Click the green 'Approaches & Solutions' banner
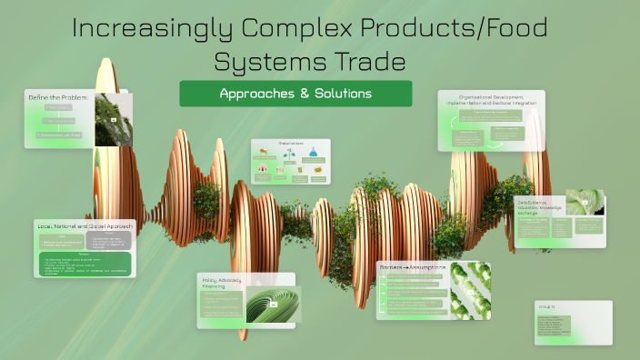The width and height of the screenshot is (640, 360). pos(295,94)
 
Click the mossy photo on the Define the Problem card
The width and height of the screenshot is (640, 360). pos(114,118)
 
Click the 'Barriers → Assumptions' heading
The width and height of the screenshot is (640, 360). pos(414,267)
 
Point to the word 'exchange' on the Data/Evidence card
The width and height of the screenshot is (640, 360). pos(530,214)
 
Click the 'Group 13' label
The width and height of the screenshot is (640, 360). pos(547,307)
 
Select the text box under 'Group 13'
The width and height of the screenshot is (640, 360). pos(553,326)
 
